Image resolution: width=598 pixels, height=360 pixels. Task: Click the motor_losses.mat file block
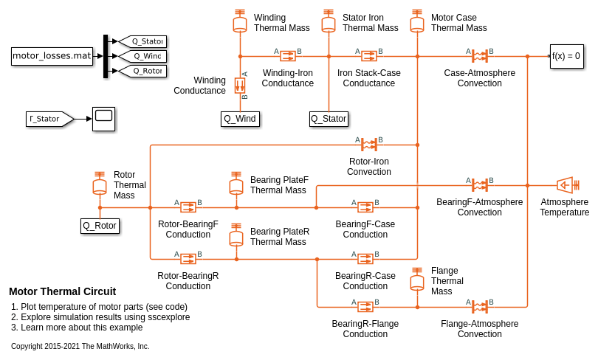52,56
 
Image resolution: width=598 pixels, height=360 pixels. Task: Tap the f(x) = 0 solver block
566,56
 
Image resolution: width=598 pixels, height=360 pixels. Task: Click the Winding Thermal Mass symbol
240,22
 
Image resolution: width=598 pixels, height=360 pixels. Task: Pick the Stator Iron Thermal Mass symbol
329,22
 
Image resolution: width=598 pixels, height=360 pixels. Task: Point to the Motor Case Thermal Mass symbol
417,22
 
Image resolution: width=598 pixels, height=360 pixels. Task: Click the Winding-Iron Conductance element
288,56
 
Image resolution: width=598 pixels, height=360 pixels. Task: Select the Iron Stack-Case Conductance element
369,56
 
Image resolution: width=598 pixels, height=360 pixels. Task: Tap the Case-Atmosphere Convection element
480,56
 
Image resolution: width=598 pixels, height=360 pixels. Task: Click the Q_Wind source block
240,119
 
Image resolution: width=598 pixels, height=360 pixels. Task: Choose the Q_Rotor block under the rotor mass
100,226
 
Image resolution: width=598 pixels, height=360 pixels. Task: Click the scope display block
103,119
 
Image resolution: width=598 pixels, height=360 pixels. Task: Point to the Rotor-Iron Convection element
369,145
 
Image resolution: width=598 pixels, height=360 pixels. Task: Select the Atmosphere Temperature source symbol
566,185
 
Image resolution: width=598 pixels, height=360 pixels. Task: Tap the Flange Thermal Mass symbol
417,280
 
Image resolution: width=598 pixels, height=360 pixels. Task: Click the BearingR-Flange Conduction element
365,307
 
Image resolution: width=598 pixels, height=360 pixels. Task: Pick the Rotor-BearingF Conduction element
188,207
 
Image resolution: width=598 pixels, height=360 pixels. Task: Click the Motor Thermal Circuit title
62,291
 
